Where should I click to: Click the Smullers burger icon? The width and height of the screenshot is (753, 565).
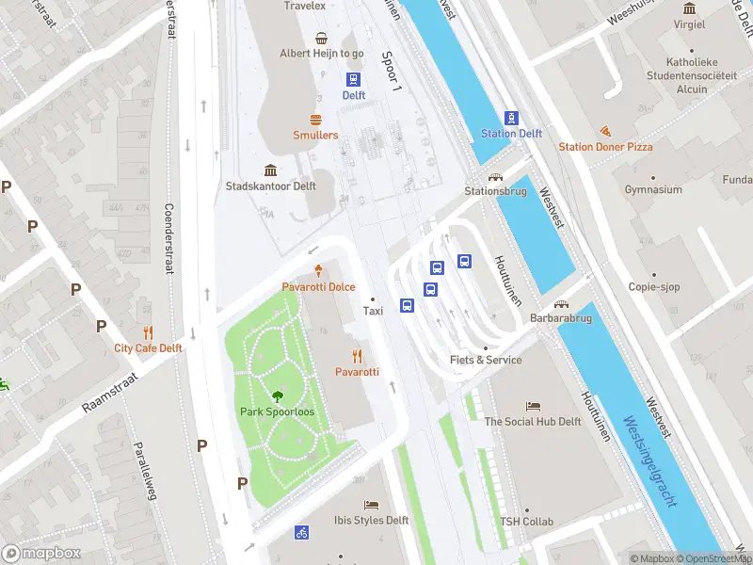315,120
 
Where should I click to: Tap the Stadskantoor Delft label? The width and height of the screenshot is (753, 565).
270,186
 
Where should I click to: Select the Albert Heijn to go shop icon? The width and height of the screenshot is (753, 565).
322,39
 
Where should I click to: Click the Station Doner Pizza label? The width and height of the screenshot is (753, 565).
605,147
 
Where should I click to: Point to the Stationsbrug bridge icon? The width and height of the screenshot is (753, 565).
494,176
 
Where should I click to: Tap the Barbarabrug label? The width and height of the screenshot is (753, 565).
561,318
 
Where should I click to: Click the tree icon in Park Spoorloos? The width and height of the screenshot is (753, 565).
277,396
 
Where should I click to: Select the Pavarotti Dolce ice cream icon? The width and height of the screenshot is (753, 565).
318,270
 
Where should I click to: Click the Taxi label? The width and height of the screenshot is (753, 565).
373,311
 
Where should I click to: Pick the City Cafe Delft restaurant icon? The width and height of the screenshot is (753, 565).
148,332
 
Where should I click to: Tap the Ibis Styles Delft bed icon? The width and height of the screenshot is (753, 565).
371,506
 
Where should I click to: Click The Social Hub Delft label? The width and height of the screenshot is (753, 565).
533,422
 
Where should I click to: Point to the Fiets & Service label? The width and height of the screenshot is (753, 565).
486,360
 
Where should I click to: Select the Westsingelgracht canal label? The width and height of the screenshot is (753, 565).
649,461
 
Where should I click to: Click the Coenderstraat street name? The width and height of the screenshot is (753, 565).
169,239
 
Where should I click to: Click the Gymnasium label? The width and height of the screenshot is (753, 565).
653,190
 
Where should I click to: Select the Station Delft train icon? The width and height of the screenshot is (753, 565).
511,118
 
